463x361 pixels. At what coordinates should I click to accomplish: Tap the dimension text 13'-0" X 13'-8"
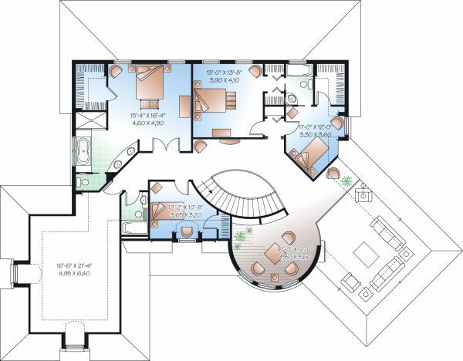point(225,75)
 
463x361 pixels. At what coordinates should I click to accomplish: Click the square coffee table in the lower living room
point(363,251)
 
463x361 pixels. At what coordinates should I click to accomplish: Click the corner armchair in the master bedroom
point(116,70)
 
